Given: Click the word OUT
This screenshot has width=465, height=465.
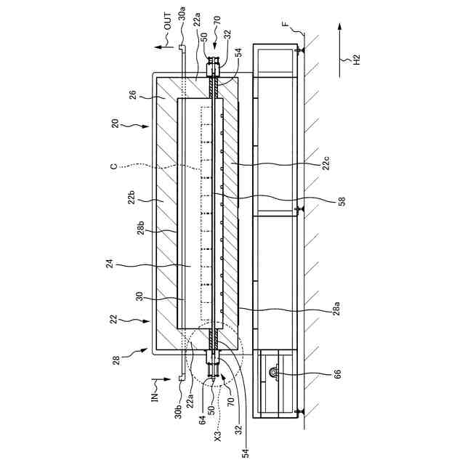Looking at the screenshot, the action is point(168,21).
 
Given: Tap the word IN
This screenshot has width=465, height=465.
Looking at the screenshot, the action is point(155,397).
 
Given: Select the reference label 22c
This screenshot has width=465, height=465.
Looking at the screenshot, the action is point(326,163).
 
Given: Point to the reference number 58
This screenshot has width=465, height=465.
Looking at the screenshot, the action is point(341,201).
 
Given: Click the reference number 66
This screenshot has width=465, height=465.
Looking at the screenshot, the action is point(337,374).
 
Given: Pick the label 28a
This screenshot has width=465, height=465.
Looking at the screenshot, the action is point(336,308).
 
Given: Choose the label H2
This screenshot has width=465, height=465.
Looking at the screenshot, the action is point(356,60).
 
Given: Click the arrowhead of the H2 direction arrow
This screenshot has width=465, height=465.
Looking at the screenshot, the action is point(340,27).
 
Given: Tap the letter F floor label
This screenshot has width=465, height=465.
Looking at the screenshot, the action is point(285,24).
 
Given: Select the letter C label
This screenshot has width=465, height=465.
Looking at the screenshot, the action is point(114,166).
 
